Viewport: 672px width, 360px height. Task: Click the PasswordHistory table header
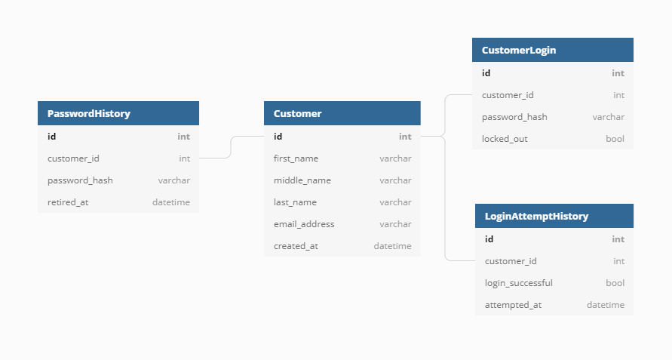(89, 113)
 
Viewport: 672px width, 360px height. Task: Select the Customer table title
(297, 113)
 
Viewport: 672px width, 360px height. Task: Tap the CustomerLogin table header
(519, 50)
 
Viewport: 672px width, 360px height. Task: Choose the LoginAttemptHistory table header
(536, 216)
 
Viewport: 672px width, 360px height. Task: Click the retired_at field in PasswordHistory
(68, 202)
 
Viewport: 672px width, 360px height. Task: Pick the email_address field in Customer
(304, 224)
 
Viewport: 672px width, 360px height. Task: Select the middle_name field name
(302, 180)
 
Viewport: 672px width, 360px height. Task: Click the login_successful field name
(518, 283)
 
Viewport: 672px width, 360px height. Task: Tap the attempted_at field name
(513, 305)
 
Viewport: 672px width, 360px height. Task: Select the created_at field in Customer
(296, 246)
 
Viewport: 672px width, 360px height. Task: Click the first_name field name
(296, 158)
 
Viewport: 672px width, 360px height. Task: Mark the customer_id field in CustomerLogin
(508, 95)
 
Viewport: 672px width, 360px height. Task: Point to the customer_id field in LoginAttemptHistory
(511, 261)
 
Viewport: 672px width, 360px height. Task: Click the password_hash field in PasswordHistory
(80, 180)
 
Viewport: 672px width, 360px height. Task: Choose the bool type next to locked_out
(615, 139)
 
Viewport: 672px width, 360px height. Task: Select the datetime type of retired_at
(171, 202)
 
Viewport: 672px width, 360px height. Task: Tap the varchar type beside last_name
(395, 202)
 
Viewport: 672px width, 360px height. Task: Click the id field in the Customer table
(278, 137)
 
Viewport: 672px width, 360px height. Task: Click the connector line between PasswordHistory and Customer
(230, 147)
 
